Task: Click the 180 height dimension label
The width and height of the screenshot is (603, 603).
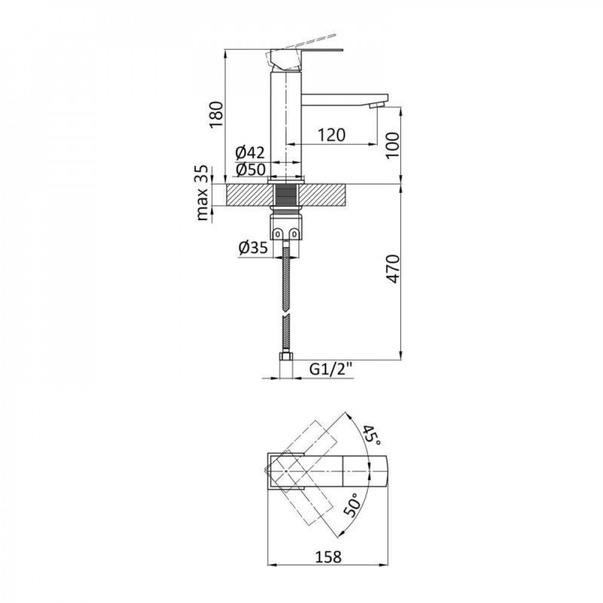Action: coord(216,114)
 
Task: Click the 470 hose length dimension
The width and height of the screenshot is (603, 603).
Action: coord(392,270)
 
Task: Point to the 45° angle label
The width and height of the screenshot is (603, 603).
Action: coord(370,435)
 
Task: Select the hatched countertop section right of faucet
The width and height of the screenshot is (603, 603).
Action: coord(326,195)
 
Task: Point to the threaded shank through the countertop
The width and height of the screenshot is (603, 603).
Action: coord(286,195)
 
